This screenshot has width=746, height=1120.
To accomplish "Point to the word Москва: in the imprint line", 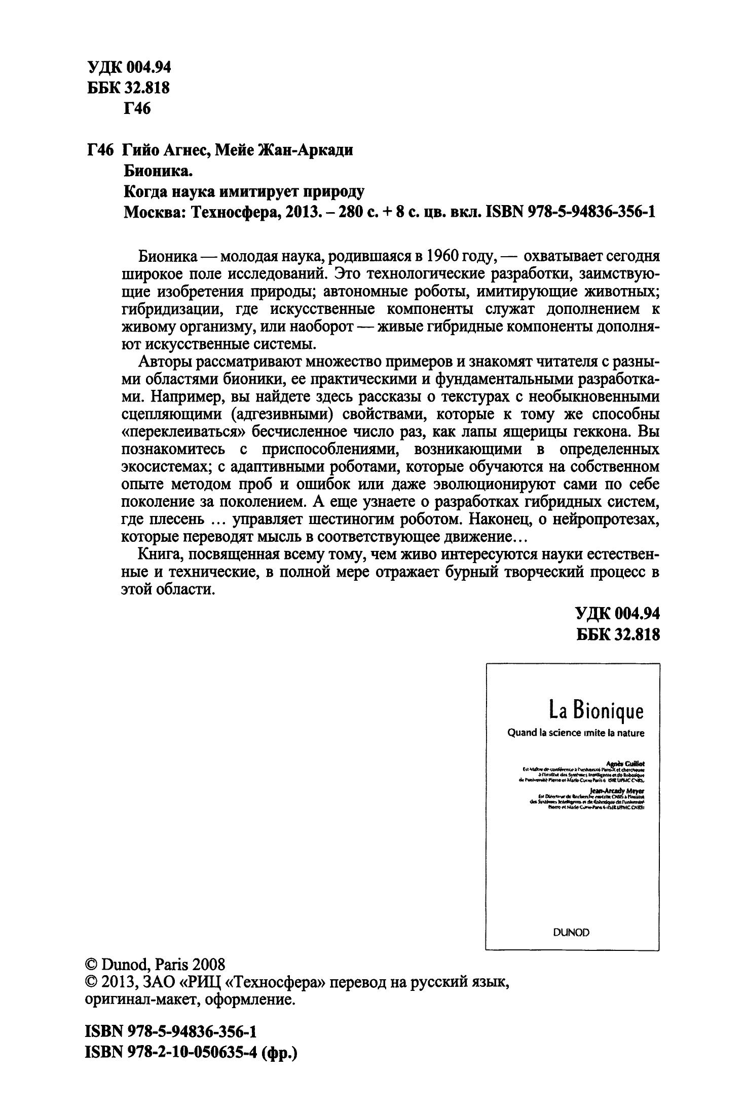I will (154, 212).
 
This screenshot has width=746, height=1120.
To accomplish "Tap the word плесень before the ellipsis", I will (176, 519).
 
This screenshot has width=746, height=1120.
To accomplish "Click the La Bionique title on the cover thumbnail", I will (596, 711).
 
